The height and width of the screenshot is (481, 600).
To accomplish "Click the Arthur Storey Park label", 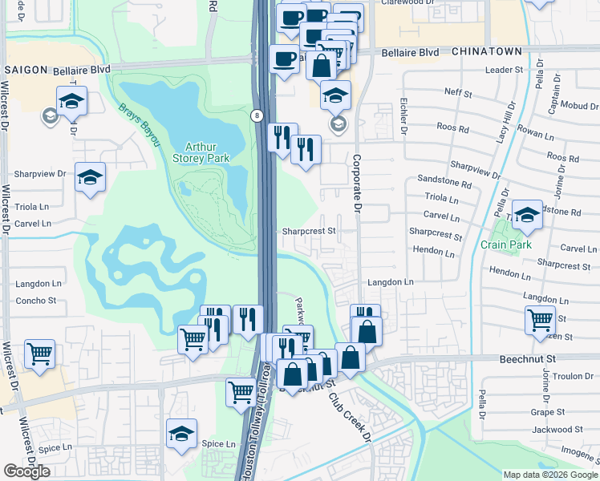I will coord(207,152).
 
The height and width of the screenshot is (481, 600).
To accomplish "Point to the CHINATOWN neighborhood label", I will coord(487,51).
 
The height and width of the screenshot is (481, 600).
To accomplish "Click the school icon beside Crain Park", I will coord(528,214).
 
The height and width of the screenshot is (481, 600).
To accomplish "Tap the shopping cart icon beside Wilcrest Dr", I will coord(39,352).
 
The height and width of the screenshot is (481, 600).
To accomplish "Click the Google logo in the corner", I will coord(27,471).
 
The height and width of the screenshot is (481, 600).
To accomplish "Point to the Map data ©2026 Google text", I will coord(549,475).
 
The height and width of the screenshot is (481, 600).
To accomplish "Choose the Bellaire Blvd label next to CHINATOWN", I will coord(411,52).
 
